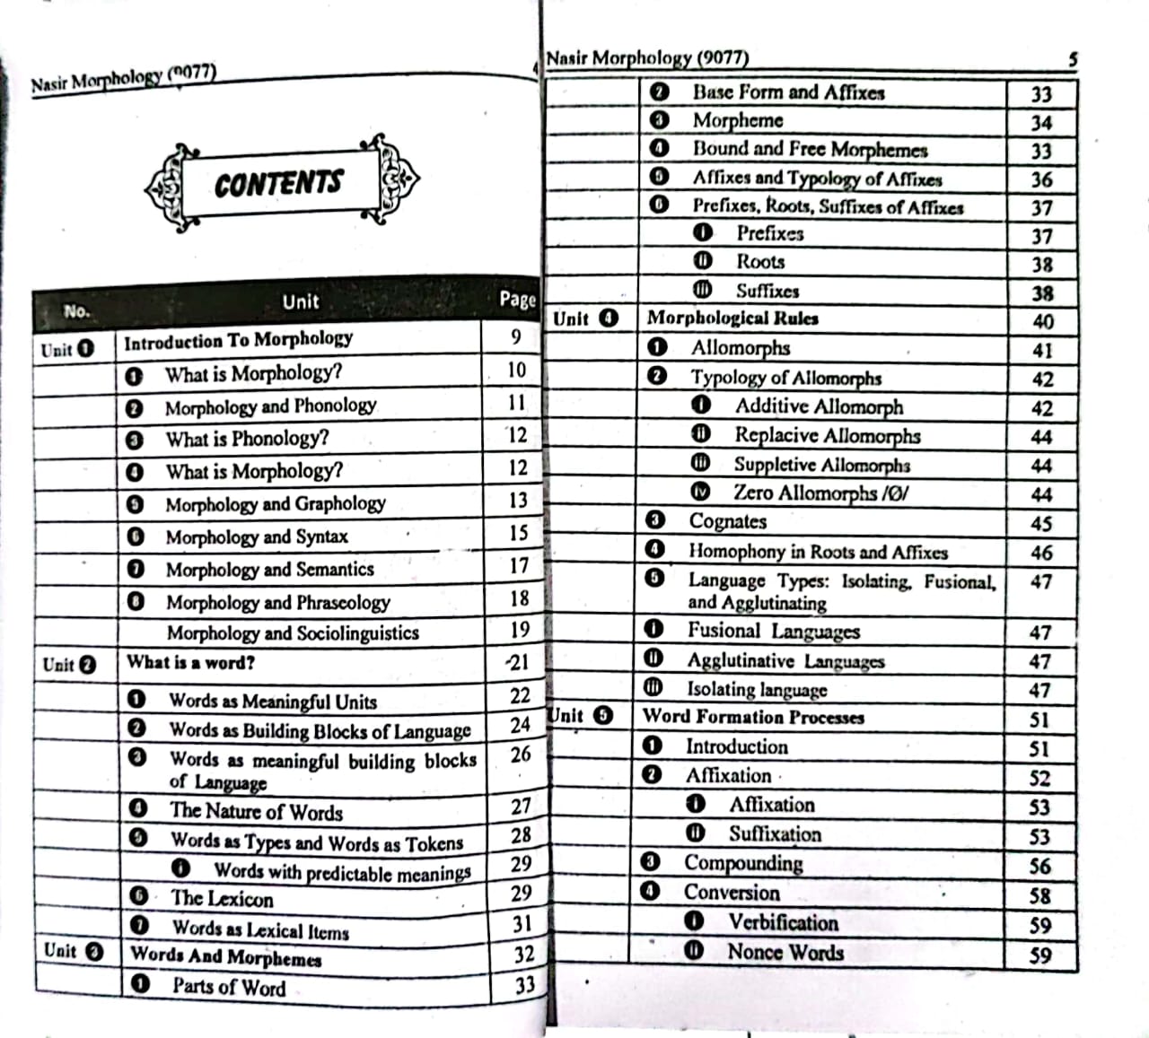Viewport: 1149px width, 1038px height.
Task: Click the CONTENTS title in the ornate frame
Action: click(x=279, y=184)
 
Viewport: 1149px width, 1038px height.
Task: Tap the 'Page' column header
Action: click(x=517, y=299)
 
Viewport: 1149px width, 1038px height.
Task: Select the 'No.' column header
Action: click(x=75, y=311)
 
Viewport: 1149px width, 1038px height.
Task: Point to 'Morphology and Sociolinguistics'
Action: click(x=293, y=633)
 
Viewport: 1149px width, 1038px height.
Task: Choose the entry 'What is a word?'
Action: click(x=190, y=663)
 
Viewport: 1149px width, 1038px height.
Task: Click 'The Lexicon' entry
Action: click(x=222, y=898)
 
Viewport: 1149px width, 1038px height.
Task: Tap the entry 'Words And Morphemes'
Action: click(x=226, y=956)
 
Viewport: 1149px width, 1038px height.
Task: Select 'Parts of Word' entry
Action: click(x=229, y=987)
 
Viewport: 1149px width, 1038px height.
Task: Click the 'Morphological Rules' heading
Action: click(x=732, y=318)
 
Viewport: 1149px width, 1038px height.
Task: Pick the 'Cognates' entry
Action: click(x=727, y=521)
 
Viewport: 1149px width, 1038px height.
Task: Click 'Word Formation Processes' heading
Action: click(x=753, y=717)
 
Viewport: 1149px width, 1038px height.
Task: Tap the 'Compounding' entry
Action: click(x=743, y=863)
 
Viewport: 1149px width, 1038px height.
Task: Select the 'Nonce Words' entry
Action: click(x=785, y=952)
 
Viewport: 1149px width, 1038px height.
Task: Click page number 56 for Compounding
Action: click(x=1039, y=867)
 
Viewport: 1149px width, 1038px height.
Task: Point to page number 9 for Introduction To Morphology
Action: click(x=515, y=337)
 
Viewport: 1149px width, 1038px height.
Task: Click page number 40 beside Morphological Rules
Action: click(x=1042, y=321)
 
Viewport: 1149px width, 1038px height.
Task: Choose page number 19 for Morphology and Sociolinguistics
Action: click(x=520, y=630)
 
